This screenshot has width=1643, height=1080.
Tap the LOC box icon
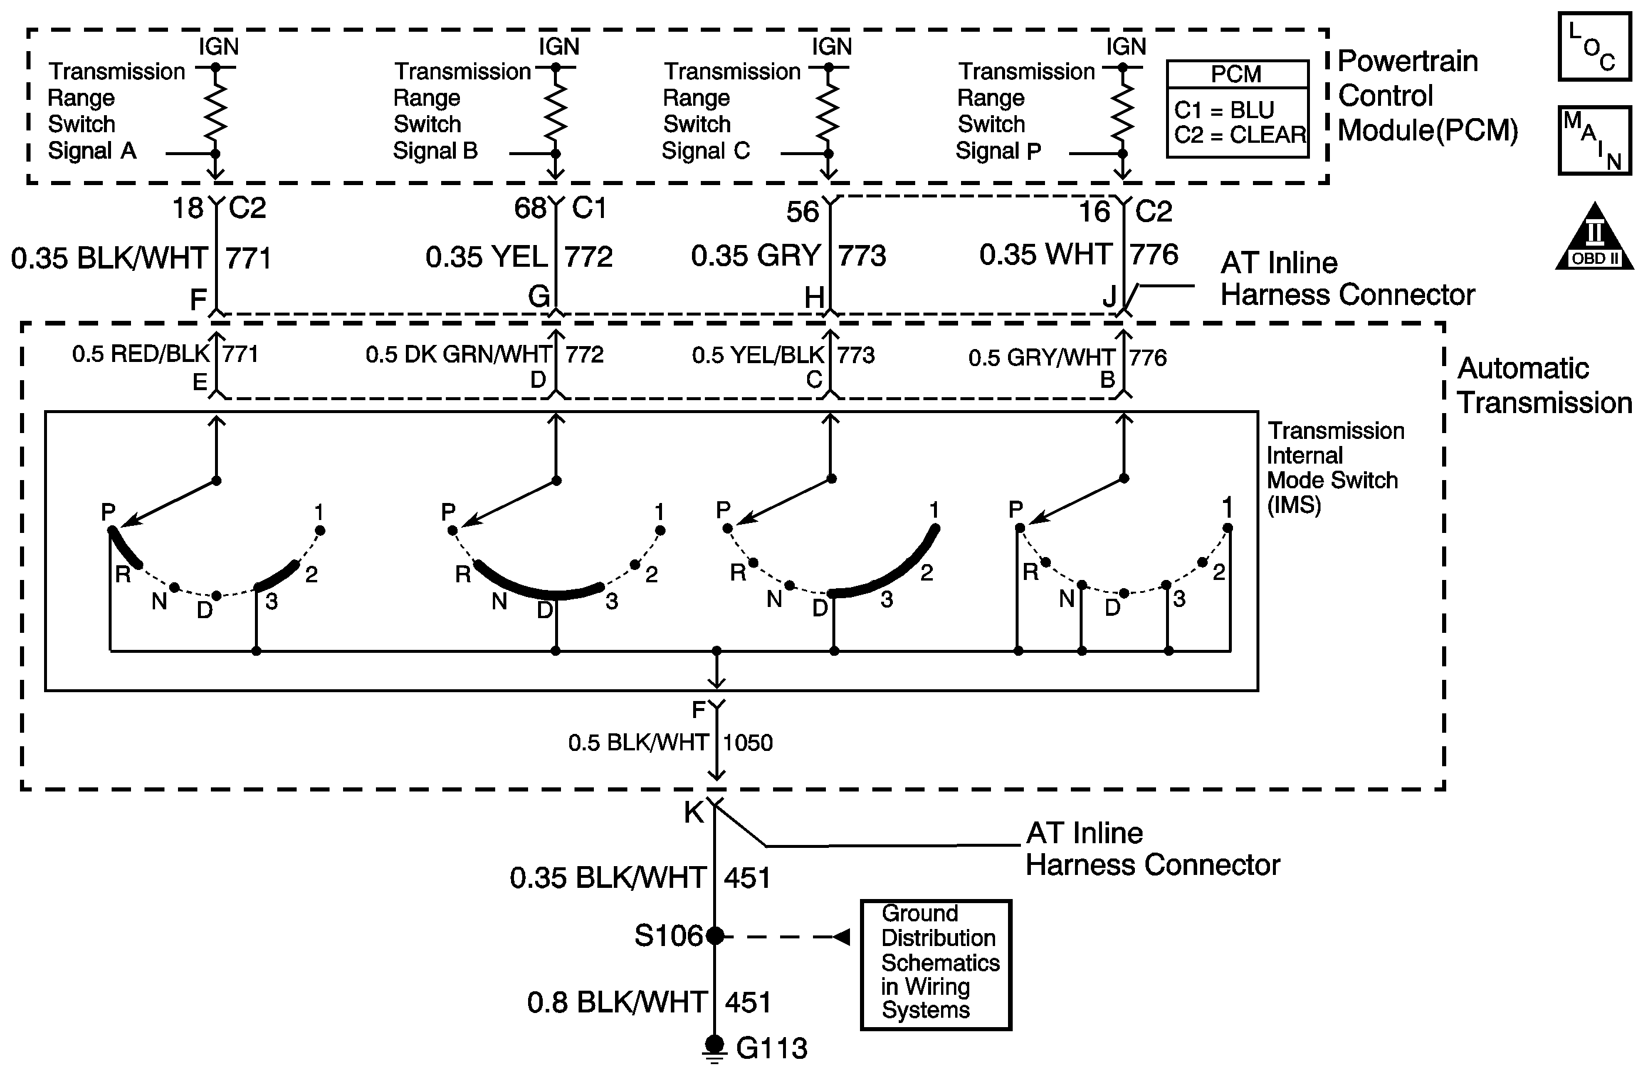click(1595, 47)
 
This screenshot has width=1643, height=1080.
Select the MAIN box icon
click(1595, 140)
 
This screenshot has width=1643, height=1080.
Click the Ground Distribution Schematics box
click(936, 964)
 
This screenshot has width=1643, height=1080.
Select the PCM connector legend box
click(1237, 109)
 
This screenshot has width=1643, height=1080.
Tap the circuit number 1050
click(748, 743)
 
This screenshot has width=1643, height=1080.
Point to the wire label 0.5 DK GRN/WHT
click(458, 355)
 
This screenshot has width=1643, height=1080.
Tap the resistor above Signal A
click(216, 110)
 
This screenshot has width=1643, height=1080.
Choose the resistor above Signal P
click(1123, 110)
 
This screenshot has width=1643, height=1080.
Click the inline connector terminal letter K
click(693, 813)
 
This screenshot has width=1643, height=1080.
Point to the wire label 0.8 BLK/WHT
click(617, 1002)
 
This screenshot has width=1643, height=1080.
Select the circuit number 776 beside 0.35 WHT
click(1154, 256)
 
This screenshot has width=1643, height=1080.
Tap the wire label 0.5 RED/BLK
click(140, 354)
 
